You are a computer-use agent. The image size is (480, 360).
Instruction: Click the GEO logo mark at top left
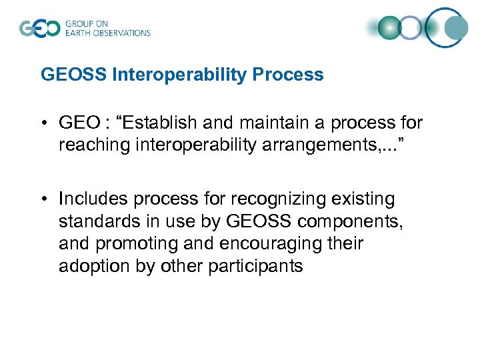tap(39, 29)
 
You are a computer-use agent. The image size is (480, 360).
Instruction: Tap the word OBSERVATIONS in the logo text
tap(123, 33)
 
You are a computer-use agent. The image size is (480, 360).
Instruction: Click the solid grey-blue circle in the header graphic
tap(456, 28)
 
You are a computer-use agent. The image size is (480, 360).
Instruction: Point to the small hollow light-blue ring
tap(411, 28)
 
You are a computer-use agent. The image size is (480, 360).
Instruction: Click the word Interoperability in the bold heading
tap(182, 75)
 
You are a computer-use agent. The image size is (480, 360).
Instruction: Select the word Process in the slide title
tap(290, 75)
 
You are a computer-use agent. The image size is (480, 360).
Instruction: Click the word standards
tap(93, 221)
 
